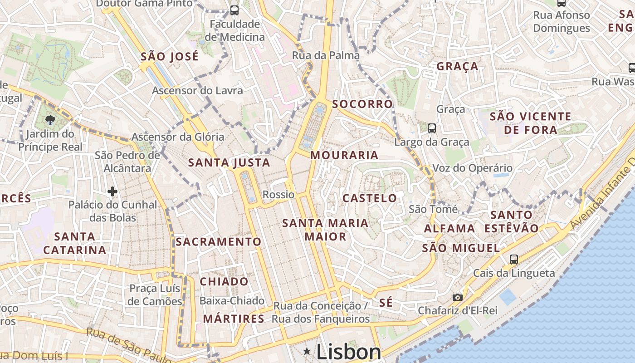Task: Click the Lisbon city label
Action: point(349,352)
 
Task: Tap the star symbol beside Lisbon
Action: point(307,351)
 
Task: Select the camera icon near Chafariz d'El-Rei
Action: point(458,297)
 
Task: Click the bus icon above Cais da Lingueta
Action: point(513,259)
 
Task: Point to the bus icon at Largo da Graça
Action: point(432,128)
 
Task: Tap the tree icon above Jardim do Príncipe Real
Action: point(50,120)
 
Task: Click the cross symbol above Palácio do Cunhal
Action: point(112,191)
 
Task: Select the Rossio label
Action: point(278,195)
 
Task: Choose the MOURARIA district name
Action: point(344,155)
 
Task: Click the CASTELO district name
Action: point(370,198)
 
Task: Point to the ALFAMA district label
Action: point(449,228)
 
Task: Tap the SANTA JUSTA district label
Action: point(229,162)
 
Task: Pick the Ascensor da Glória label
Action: point(178,137)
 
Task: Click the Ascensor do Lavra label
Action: point(197,90)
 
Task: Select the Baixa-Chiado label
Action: point(232,300)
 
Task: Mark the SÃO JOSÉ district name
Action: point(170,57)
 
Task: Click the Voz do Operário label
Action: point(472,168)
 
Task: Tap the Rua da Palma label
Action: point(326,55)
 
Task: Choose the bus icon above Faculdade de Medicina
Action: point(234,10)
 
